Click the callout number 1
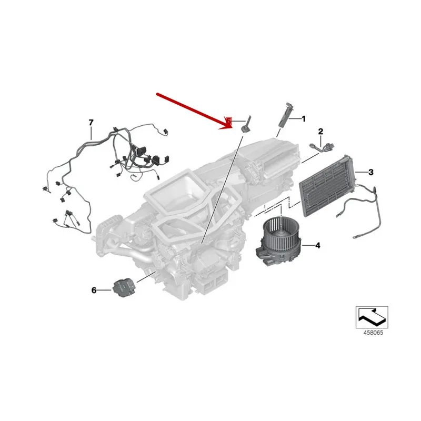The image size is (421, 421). point(303,119)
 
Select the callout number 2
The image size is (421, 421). point(320,131)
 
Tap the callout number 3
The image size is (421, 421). point(370,172)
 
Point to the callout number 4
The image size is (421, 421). point(317,245)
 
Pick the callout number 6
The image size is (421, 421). point(94,290)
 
